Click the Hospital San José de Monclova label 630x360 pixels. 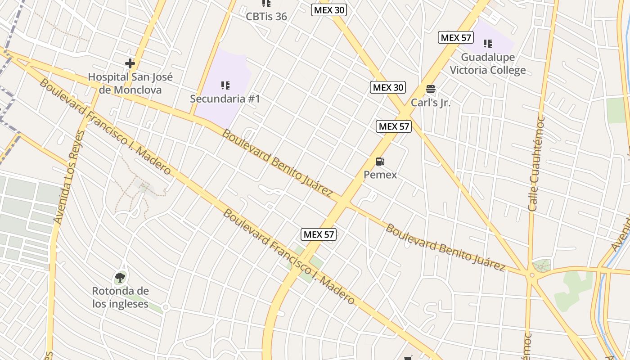pos(130,83)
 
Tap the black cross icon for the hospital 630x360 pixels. pos(130,63)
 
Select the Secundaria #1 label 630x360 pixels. pos(225,99)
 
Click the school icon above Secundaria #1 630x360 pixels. pos(225,85)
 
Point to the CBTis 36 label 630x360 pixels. pos(266,17)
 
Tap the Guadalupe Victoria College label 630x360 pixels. pos(488,64)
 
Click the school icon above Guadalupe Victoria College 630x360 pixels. pos(488,44)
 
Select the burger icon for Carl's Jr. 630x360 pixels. pos(431,89)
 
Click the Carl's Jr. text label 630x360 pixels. pos(431,103)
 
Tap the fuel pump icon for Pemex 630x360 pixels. pos(380,162)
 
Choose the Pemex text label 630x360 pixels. pos(380,175)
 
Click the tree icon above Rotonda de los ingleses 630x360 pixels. pos(120,278)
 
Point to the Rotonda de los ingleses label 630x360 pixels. pos(120,297)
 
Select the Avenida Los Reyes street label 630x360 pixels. pos(69,177)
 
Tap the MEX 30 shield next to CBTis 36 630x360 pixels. pos(329,10)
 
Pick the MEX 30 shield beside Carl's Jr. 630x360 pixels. pos(388,87)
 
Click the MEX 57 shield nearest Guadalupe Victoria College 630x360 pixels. pos(456,38)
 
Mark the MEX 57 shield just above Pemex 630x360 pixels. pos(394,126)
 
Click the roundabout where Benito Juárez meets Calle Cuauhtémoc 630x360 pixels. pos(532,274)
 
